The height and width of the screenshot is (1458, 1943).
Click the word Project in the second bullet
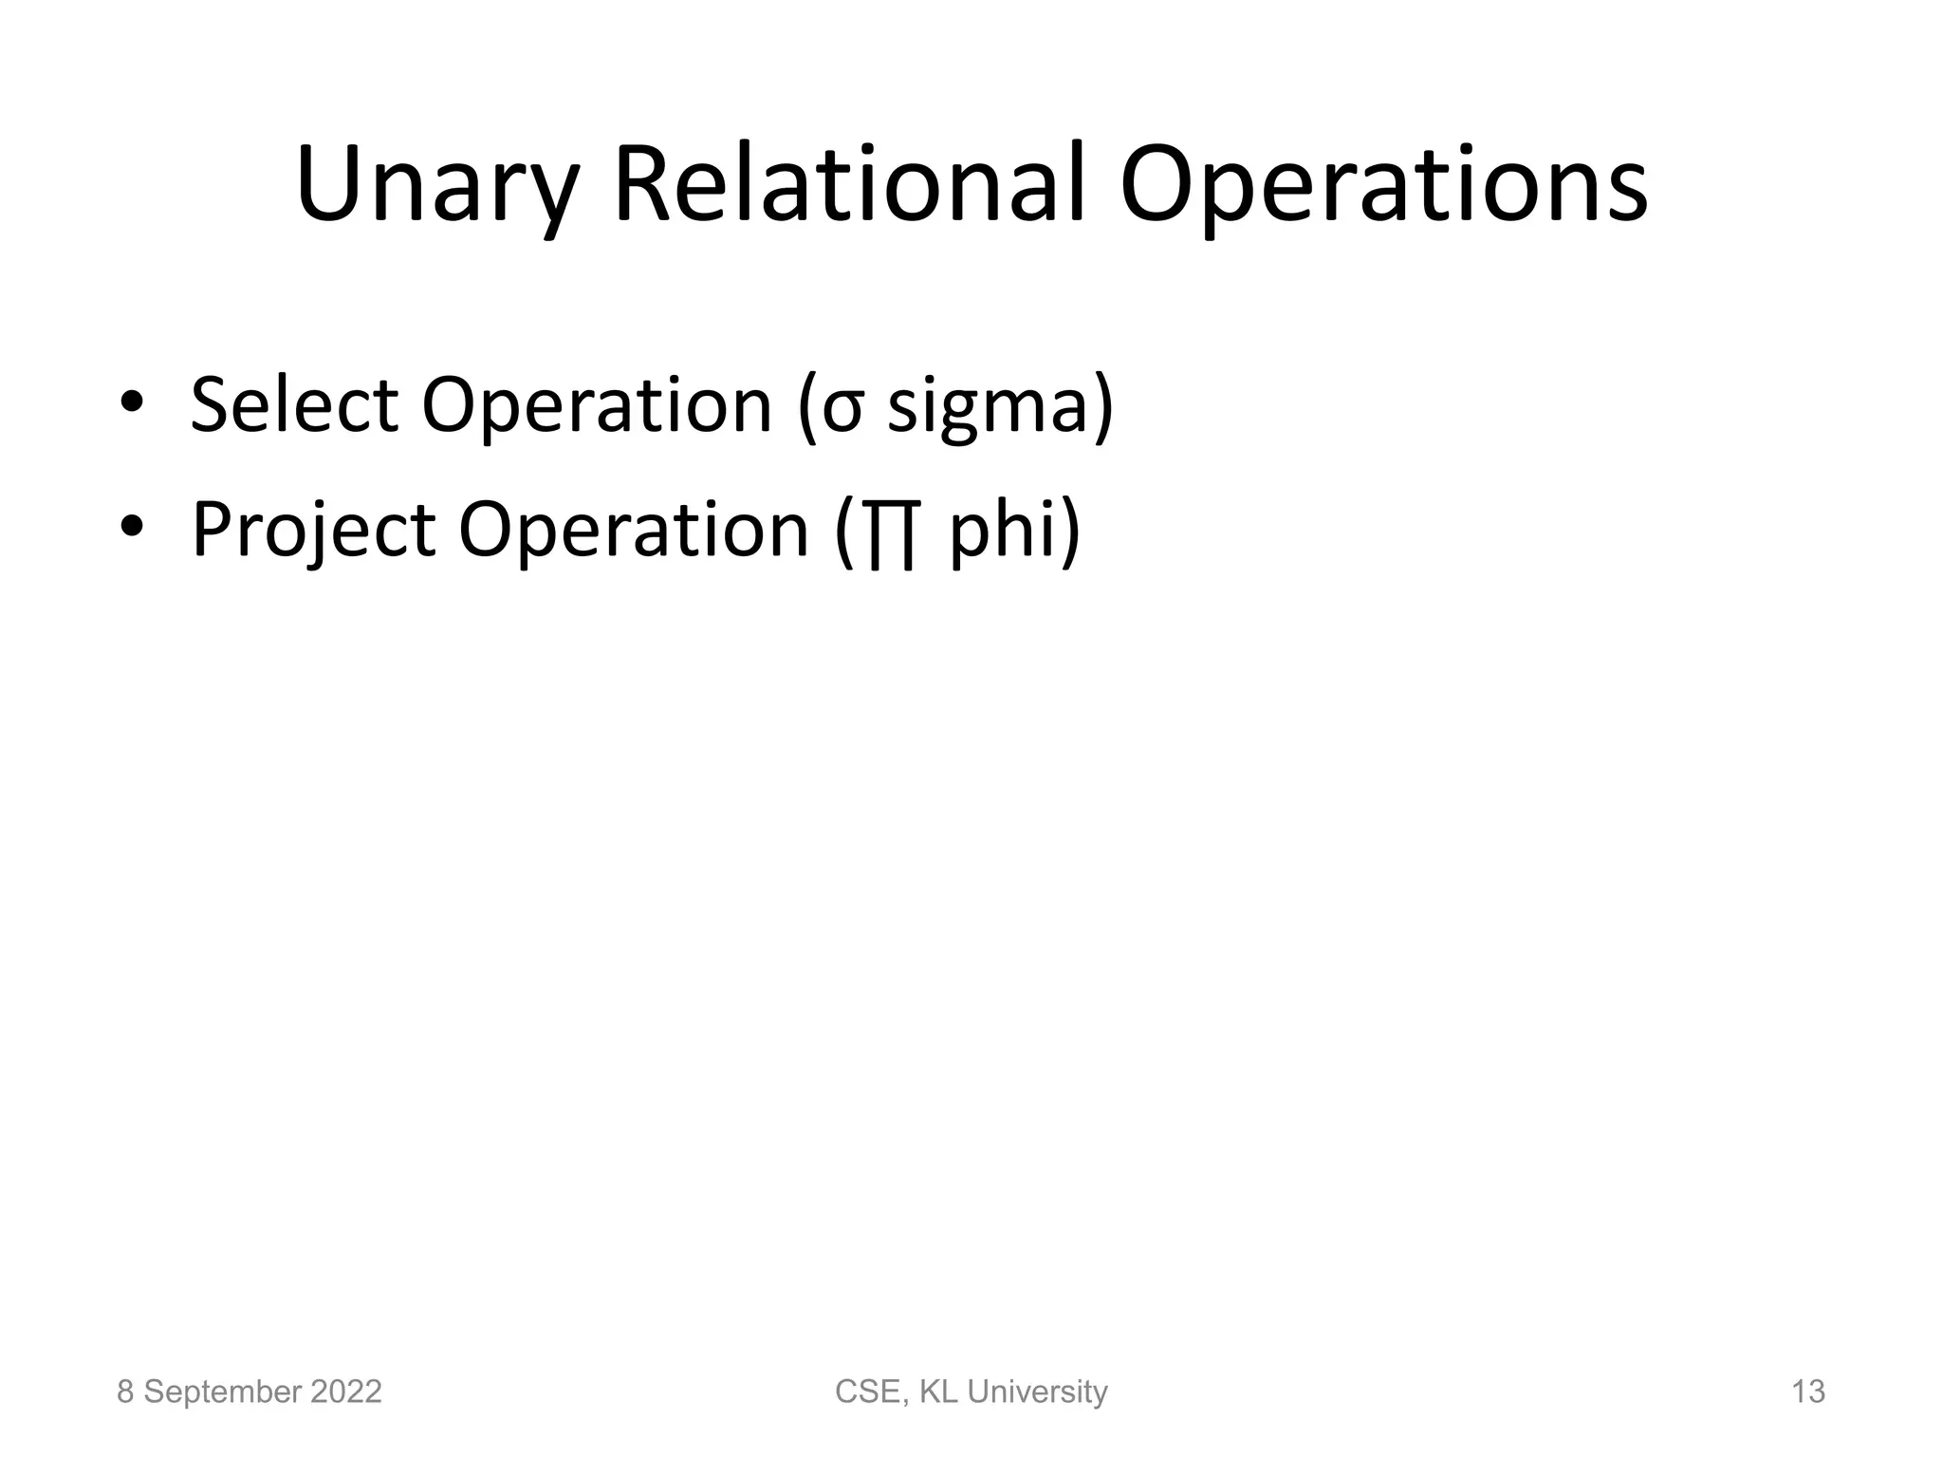[x=314, y=530]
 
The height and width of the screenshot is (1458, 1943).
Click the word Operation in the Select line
[x=597, y=406]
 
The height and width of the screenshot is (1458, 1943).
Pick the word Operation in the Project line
[x=633, y=530]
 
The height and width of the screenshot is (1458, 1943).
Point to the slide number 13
[x=1807, y=1392]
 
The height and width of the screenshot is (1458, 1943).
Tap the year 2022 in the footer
[x=344, y=1392]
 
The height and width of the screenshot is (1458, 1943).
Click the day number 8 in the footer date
[x=124, y=1392]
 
